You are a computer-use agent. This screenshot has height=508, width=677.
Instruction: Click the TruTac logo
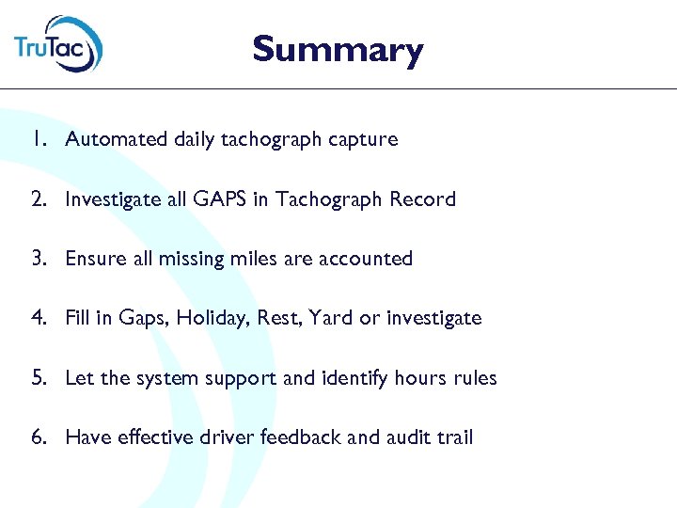tap(58, 43)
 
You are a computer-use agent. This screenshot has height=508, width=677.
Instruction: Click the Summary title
tap(338, 49)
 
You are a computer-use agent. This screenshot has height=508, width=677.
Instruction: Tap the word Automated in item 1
tap(118, 139)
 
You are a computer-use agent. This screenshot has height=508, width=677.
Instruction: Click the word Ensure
tap(94, 259)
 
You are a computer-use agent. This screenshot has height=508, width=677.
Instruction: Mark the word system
tap(166, 378)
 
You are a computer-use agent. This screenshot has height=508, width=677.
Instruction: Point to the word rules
tap(474, 378)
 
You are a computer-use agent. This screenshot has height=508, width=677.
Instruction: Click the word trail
tap(453, 437)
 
